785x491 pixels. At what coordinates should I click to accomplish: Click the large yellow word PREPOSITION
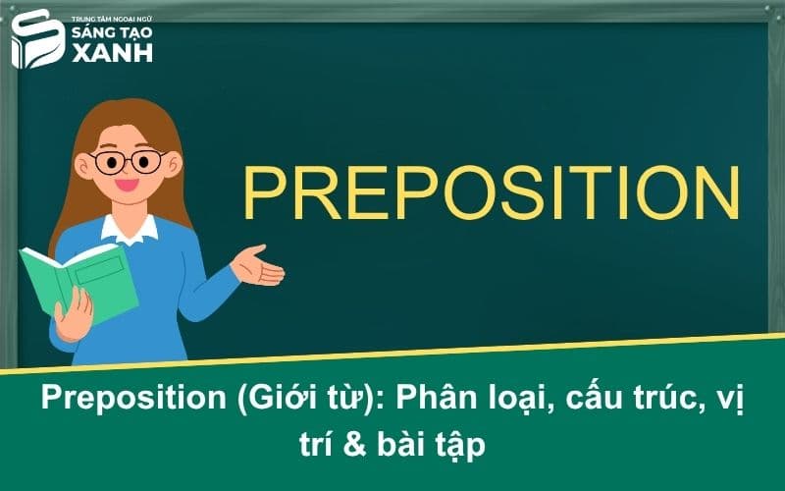point(491,191)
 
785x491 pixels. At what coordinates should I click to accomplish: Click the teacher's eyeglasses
point(125,161)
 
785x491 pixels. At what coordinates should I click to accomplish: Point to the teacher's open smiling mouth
point(127,184)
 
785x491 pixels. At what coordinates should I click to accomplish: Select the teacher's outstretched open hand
point(257,265)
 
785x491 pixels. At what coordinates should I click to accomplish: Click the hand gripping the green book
point(72,312)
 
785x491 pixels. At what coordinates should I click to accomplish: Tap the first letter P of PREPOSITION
point(264,191)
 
